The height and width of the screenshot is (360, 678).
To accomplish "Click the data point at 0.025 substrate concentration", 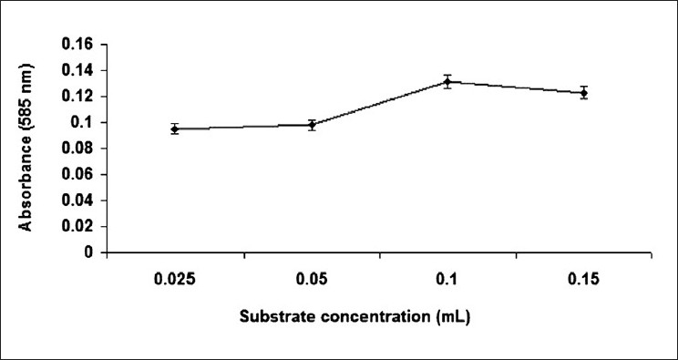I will point(175,129).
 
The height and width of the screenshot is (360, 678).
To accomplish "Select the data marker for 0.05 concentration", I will point(312,125).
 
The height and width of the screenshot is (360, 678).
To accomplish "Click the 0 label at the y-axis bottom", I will point(90,252).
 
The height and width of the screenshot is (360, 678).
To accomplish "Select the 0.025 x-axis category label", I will point(175,279).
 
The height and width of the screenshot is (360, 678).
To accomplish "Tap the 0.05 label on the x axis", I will point(312,279).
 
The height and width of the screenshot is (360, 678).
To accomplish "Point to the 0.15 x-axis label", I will point(584,279).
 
